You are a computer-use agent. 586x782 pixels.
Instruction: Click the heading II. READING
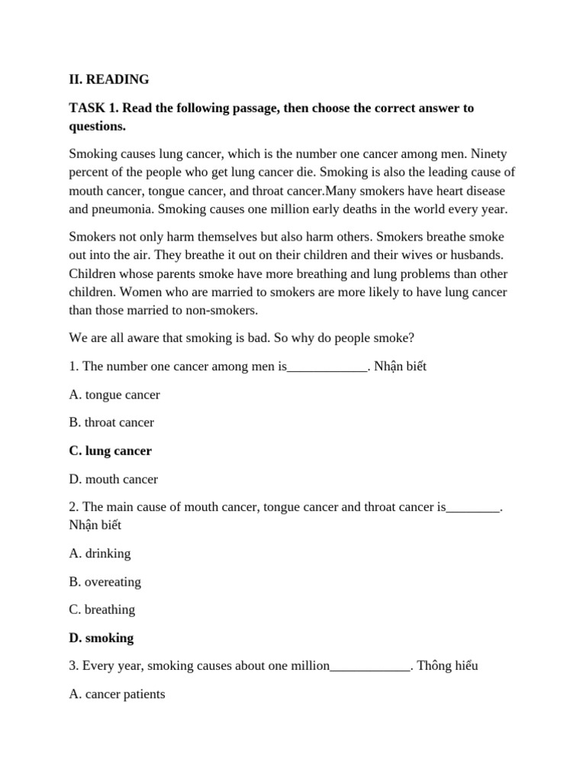(109, 79)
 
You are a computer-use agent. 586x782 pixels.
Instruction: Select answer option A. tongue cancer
(114, 395)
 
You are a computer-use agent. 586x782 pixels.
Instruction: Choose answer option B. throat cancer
(111, 422)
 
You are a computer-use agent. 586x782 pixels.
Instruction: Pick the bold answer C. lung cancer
(111, 451)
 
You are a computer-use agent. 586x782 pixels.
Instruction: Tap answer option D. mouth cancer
(114, 479)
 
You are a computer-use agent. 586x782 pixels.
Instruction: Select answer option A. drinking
(100, 553)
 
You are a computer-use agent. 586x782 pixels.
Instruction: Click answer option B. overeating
(105, 581)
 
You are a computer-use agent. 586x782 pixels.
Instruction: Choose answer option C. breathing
(102, 609)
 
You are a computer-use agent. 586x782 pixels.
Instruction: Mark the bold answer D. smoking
(101, 638)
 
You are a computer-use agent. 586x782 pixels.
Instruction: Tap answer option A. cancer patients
(117, 694)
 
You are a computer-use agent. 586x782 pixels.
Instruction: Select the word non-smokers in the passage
(221, 309)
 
